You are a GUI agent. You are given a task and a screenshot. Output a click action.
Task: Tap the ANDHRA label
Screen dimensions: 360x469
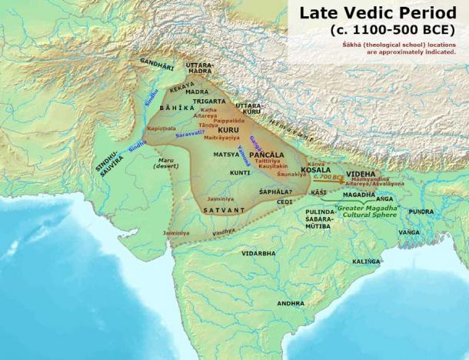[x=291, y=303]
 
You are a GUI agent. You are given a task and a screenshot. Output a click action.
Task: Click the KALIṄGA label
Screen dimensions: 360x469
[x=365, y=262]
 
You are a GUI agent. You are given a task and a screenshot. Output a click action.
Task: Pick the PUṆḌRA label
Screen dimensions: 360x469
[x=422, y=210]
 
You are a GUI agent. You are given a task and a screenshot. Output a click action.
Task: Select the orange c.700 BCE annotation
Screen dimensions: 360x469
[x=333, y=176]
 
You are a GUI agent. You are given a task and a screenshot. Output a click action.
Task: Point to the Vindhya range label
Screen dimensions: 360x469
[x=224, y=231]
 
